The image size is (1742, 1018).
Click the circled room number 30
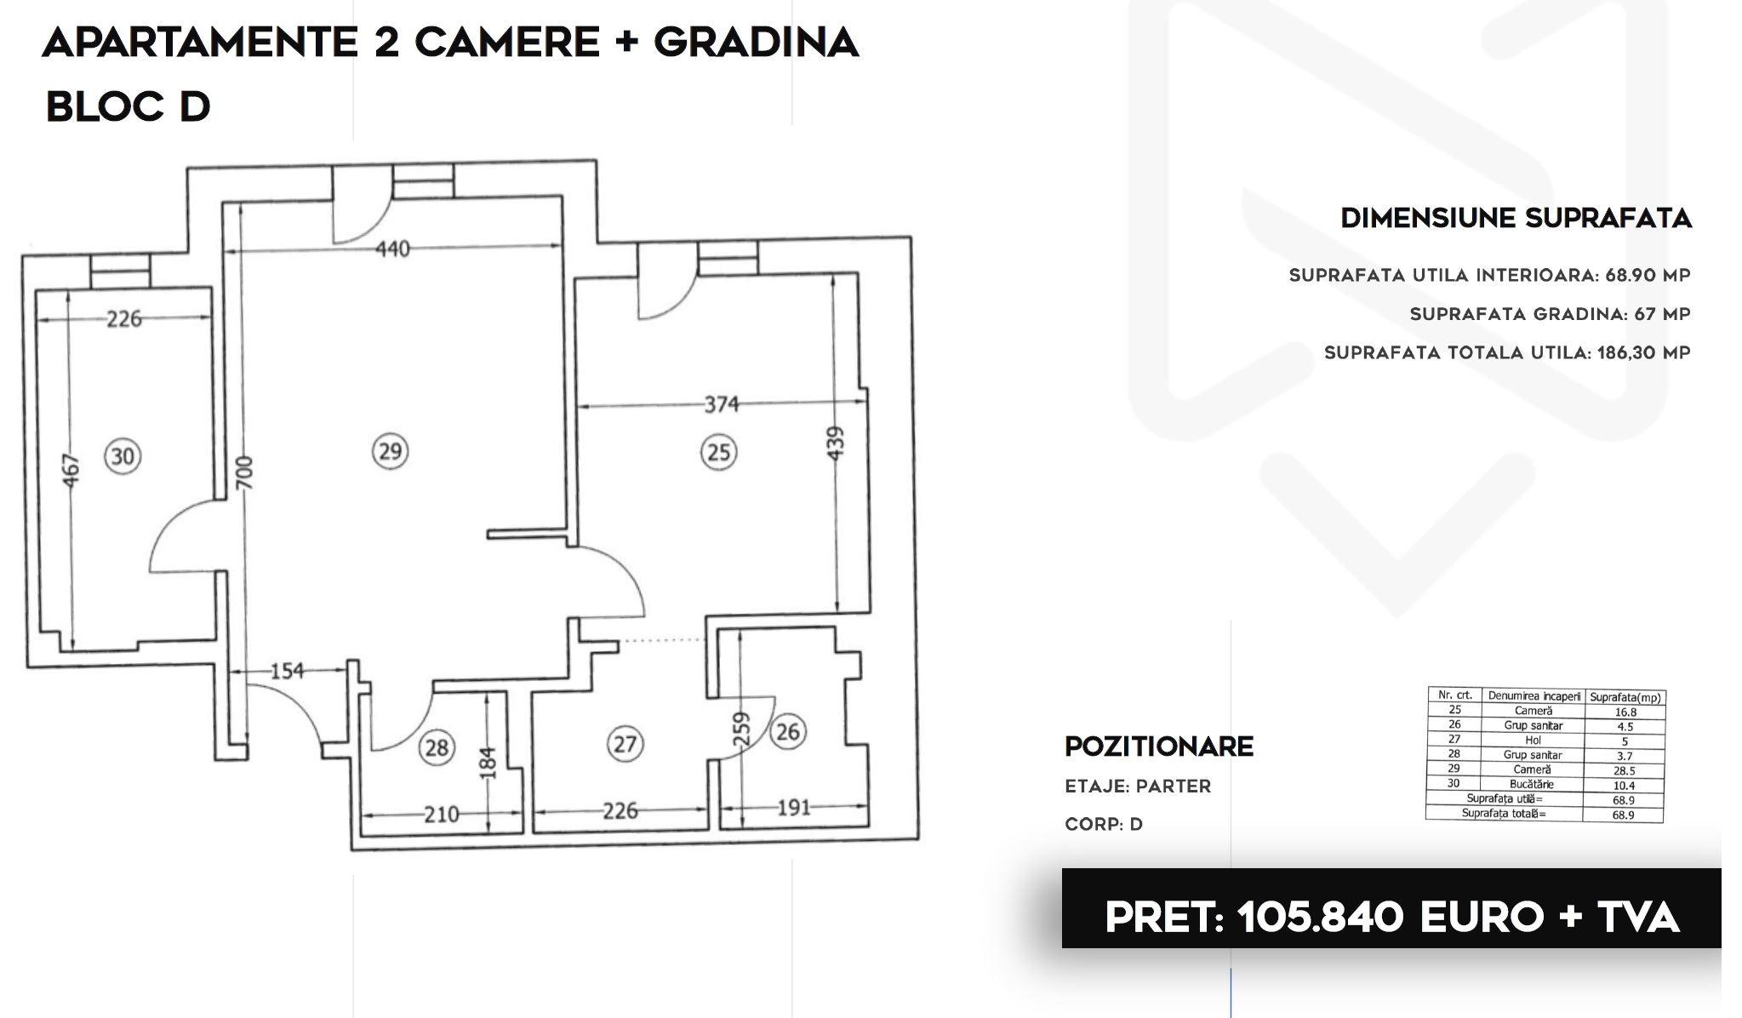coord(123,456)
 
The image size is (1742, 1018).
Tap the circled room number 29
coord(390,450)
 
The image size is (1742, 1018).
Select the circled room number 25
coord(719,451)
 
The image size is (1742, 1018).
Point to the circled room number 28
coord(437,747)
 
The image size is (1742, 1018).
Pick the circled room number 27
coord(625,744)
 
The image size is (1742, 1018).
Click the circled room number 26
coord(787,731)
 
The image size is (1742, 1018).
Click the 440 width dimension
coord(392,249)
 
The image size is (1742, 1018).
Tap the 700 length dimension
coord(244,473)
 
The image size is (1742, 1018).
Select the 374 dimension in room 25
coord(721,404)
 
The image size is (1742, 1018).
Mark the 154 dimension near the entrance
coord(287,672)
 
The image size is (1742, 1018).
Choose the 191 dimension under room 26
coord(793,807)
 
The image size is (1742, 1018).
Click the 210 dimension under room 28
coord(441,815)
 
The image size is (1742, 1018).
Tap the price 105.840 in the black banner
coord(1320,918)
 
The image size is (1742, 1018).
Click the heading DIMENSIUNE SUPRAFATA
coord(1516,219)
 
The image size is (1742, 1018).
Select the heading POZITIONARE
coord(1159,746)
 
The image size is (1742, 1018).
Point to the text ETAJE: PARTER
coord(1138,786)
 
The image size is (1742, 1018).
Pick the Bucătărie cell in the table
coord(1533,784)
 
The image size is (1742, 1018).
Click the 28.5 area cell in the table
coord(1624,770)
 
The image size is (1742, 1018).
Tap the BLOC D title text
coord(128,107)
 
